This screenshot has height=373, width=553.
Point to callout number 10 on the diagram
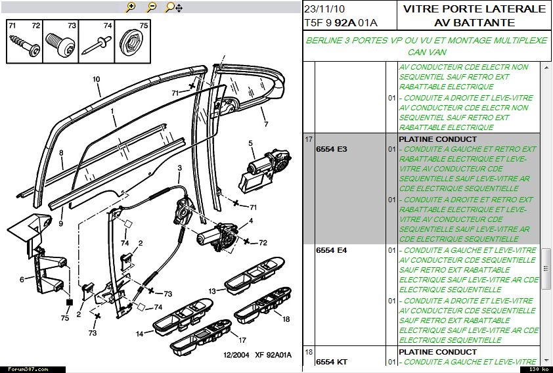[x=96, y=79]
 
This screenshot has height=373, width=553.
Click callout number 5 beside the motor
[x=250, y=143]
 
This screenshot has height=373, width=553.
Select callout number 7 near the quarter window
[x=266, y=124]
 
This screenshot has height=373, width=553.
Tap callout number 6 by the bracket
[x=22, y=279]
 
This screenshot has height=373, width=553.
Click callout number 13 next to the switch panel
[x=212, y=290]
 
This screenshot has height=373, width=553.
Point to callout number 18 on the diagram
[x=286, y=319]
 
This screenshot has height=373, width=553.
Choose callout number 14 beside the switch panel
[x=140, y=334]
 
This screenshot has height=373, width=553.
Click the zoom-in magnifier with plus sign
[x=130, y=7]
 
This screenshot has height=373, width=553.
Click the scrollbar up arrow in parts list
[x=546, y=68]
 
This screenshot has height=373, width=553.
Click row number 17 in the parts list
[x=308, y=139]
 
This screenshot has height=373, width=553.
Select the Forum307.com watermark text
[x=24, y=369]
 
